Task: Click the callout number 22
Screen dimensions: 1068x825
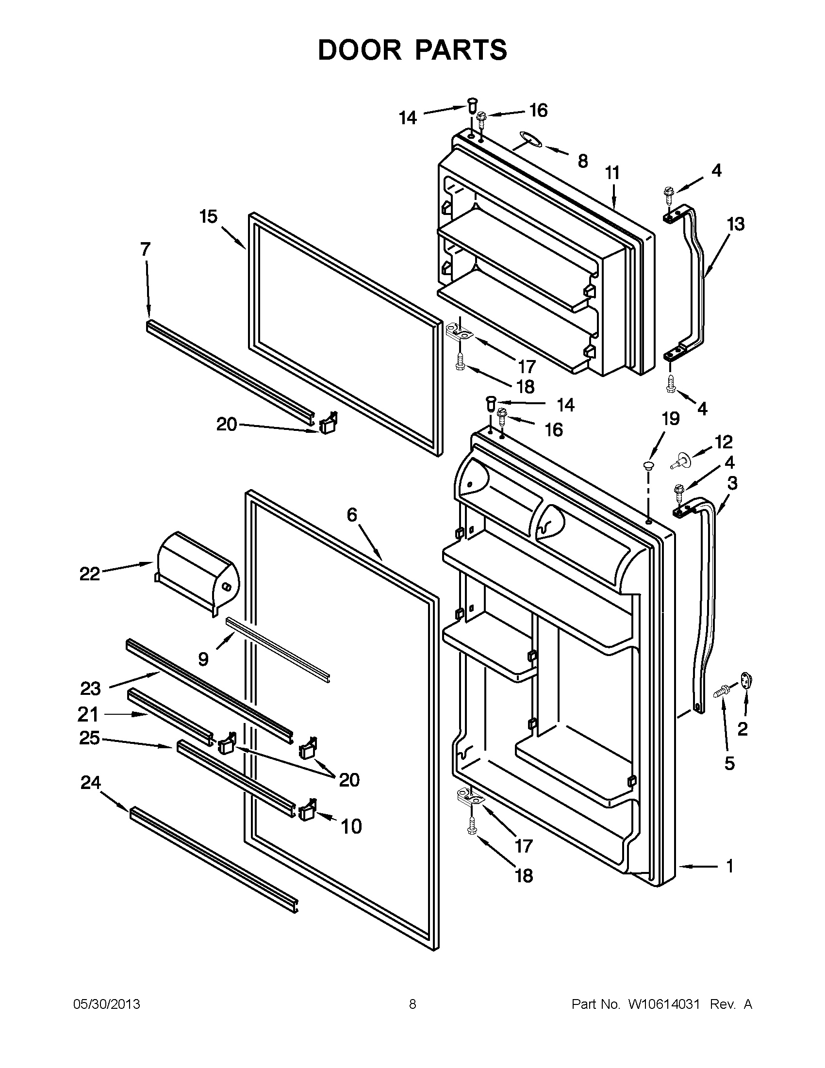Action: tap(89, 574)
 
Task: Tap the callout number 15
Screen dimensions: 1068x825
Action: tap(209, 216)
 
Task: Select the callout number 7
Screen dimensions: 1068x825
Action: tap(145, 249)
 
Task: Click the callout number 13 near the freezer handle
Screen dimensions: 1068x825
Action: tap(736, 225)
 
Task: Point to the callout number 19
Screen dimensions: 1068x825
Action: tap(671, 419)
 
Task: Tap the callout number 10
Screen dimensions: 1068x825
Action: tap(351, 826)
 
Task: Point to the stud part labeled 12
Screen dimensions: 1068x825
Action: tap(681, 460)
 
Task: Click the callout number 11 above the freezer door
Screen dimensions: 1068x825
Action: tap(612, 173)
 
